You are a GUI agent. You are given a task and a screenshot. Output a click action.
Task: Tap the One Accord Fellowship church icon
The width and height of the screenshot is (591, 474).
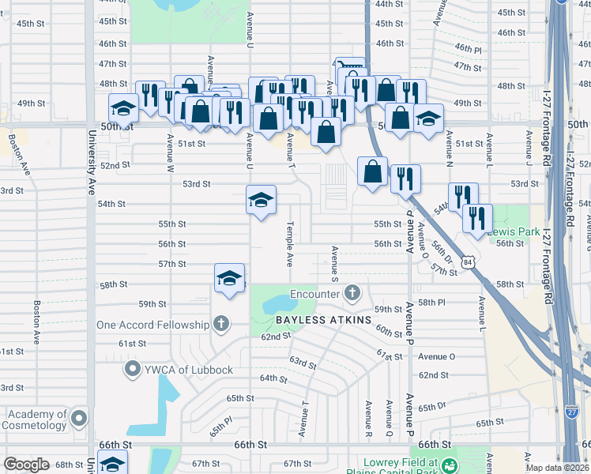click(220, 324)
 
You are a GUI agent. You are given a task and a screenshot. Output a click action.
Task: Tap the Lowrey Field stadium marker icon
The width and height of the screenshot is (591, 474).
click(450, 465)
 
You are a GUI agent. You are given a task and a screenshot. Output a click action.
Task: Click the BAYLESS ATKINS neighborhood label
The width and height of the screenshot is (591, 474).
click(322, 320)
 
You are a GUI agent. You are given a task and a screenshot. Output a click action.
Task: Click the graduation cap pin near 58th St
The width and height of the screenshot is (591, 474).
click(229, 279)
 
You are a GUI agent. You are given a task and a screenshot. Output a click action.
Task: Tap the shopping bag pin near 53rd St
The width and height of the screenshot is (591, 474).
click(372, 171)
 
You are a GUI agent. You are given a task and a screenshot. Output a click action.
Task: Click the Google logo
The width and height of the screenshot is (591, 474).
click(27, 464)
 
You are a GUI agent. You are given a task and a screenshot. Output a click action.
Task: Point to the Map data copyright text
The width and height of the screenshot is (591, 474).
click(556, 468)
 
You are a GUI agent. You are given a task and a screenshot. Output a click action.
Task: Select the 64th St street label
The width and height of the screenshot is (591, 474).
click(273, 378)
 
